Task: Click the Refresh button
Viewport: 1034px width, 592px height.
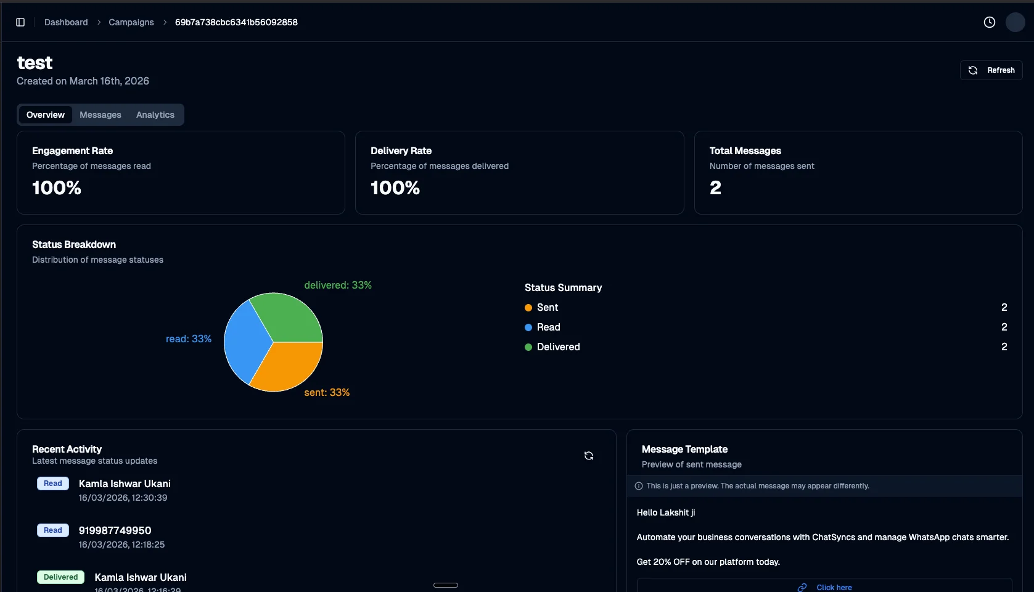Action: [x=991, y=70]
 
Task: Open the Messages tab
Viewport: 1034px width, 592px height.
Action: [x=101, y=115]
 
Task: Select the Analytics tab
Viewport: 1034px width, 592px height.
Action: [x=155, y=115]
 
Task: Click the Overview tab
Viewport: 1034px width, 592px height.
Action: [x=46, y=115]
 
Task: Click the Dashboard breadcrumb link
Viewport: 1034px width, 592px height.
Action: [x=66, y=22]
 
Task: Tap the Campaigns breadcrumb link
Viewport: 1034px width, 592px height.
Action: [x=131, y=22]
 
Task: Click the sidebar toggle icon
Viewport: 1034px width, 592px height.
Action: [x=20, y=22]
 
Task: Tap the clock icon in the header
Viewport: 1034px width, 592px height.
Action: [x=990, y=22]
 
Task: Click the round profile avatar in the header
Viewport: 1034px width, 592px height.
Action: [x=1015, y=22]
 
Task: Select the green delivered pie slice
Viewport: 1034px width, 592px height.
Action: [x=287, y=318]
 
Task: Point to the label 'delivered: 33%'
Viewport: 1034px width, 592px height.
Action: [x=338, y=285]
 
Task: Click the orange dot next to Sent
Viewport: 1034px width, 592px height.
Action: [x=528, y=308]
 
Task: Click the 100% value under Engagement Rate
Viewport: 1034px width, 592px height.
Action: [x=57, y=188]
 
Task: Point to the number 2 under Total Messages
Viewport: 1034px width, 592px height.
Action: [x=715, y=188]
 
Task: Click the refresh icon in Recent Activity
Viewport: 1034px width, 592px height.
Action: [x=589, y=456]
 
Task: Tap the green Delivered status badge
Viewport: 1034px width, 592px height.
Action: [x=61, y=577]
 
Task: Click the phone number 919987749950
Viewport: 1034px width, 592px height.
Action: [x=115, y=530]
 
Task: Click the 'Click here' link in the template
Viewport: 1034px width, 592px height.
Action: [x=834, y=587]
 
